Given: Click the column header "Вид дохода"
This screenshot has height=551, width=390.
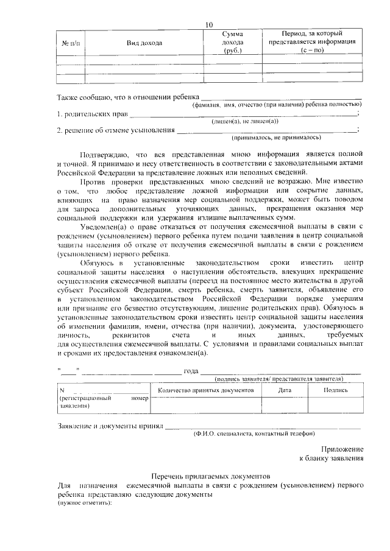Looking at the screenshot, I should pos(141,43).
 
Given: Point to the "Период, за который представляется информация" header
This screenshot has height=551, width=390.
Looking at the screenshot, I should pos(312,43).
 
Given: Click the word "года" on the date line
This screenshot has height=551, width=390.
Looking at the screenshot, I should pos(191,371).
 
